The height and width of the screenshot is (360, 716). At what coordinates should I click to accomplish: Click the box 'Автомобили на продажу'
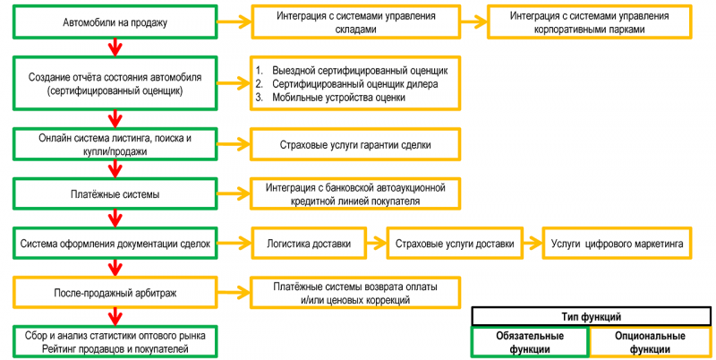[115, 22]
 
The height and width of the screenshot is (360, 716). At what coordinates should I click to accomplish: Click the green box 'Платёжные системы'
[115, 192]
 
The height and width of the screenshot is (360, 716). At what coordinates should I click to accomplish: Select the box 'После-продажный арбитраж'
[115, 292]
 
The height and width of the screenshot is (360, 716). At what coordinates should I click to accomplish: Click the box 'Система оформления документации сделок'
[115, 243]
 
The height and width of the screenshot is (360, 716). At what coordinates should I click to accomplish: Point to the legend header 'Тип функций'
[592, 316]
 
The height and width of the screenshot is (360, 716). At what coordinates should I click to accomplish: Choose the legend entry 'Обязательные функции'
[531, 341]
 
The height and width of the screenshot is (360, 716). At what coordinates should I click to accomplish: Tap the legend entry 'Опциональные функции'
[651, 341]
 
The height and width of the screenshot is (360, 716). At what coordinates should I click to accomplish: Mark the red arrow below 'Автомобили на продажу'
[115, 47]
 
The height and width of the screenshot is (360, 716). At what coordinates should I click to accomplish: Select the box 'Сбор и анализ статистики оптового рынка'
[115, 341]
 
